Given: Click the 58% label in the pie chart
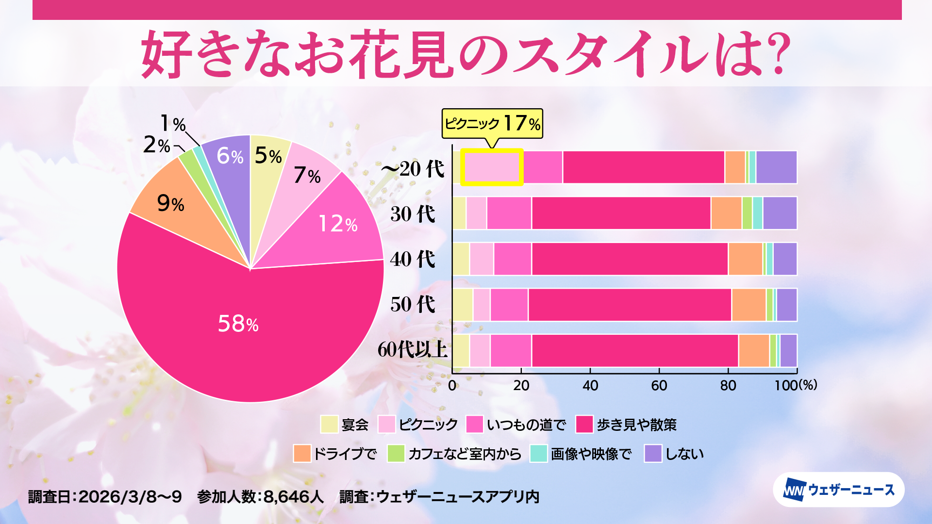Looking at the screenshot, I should pyautogui.click(x=238, y=324).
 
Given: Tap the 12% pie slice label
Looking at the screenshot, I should pyautogui.click(x=338, y=224).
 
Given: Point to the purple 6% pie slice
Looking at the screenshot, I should pyautogui.click(x=228, y=160).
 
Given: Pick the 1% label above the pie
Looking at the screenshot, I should pyautogui.click(x=173, y=124).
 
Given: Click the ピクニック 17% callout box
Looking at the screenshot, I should pyautogui.click(x=492, y=124).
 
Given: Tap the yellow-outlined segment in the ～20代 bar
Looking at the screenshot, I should pyautogui.click(x=491, y=167).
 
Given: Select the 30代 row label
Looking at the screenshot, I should pyautogui.click(x=413, y=214).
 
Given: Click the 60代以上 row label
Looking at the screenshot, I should pyautogui.click(x=413, y=349).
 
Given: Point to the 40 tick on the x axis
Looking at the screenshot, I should pyautogui.click(x=590, y=385).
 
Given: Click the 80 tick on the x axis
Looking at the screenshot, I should pyautogui.click(x=728, y=385).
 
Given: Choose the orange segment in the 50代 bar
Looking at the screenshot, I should pyautogui.click(x=749, y=305).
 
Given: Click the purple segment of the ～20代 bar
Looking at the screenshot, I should pyautogui.click(x=776, y=167).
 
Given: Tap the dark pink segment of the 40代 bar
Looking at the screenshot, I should pyautogui.click(x=630, y=259).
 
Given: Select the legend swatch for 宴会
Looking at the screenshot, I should pyautogui.click(x=329, y=425).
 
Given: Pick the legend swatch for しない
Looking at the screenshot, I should pyautogui.click(x=653, y=454).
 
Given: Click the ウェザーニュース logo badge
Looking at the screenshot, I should pyautogui.click(x=838, y=490).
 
